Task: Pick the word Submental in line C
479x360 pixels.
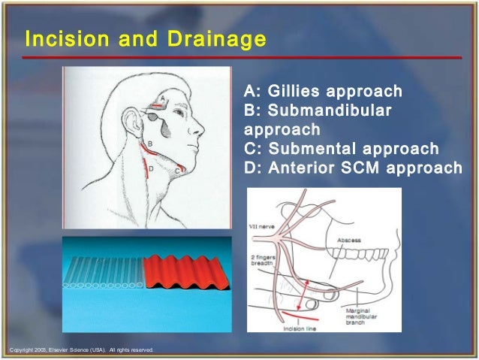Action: click(x=306, y=148)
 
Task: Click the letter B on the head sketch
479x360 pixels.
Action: click(x=149, y=143)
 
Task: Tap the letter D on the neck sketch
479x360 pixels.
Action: click(x=151, y=169)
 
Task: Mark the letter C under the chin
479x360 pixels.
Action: click(x=177, y=171)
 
